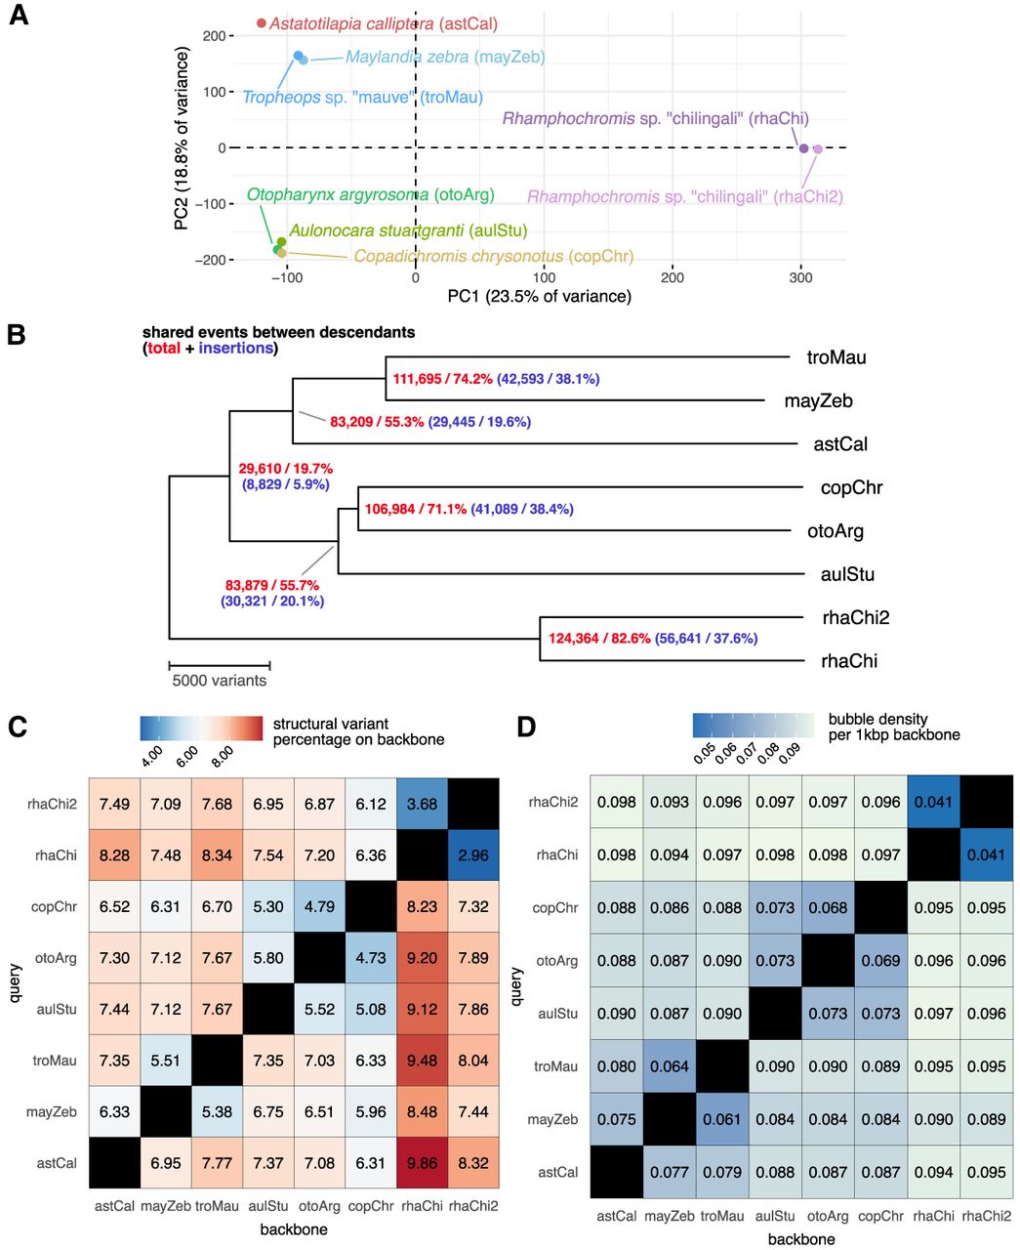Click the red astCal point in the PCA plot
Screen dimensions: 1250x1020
pyautogui.click(x=262, y=22)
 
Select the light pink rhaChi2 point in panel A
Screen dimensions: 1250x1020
pyautogui.click(x=818, y=148)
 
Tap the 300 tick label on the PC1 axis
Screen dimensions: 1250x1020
pyautogui.click(x=800, y=278)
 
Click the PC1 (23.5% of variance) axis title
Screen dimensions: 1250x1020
pyautogui.click(x=539, y=297)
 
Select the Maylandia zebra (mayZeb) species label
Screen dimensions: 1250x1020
pyautogui.click(x=445, y=58)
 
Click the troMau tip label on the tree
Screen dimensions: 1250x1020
pyautogui.click(x=836, y=357)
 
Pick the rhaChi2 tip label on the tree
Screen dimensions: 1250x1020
pyautogui.click(x=855, y=617)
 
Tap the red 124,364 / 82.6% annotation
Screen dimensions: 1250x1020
pyautogui.click(x=599, y=639)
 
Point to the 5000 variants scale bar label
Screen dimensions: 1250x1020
pyautogui.click(x=219, y=680)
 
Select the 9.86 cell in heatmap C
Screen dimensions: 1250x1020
pyautogui.click(x=422, y=1163)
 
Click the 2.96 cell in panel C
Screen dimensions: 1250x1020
pyautogui.click(x=473, y=854)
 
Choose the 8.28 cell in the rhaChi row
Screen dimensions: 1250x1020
pyautogui.click(x=114, y=854)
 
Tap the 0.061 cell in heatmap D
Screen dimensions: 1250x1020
pyautogui.click(x=722, y=1119)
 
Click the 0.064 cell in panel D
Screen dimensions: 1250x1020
pyautogui.click(x=670, y=1066)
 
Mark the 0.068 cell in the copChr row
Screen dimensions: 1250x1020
pyautogui.click(x=828, y=907)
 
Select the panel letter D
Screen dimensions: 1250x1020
pyautogui.click(x=527, y=728)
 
